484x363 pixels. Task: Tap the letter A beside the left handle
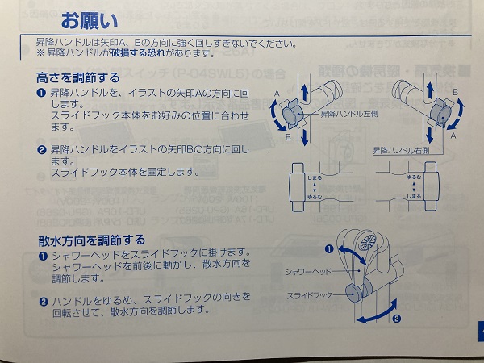pyautogui.click(x=278, y=93)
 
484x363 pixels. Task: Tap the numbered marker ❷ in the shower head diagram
pyautogui.click(x=396, y=318)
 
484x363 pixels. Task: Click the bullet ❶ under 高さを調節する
pyautogui.click(x=41, y=94)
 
